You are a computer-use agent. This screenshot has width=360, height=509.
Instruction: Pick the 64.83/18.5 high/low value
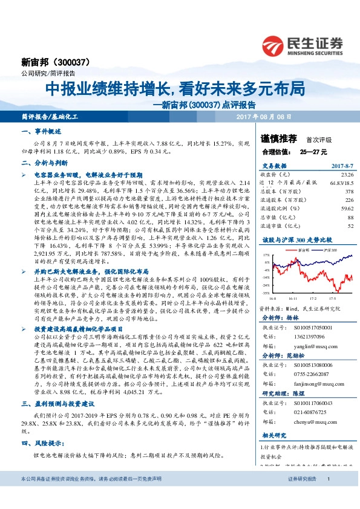pos(341,181)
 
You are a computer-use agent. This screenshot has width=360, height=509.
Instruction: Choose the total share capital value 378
pos(349,190)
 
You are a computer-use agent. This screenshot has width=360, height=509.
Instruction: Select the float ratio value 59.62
pos(345,207)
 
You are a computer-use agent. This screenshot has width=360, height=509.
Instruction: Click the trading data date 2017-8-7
pos(341,165)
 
